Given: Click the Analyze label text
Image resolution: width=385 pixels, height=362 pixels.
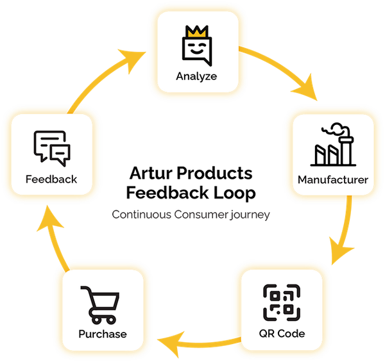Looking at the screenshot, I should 196,76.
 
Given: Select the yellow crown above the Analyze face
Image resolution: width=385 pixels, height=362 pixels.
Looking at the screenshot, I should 196,31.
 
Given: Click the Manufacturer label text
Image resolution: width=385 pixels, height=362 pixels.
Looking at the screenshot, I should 333,180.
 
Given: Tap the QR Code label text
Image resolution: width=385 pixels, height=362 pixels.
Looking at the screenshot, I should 282,334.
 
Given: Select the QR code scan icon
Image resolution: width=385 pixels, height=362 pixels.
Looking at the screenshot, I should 282,303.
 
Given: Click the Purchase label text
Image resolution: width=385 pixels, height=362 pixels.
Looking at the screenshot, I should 103,334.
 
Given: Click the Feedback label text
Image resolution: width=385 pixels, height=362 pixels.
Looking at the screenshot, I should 51,179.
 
